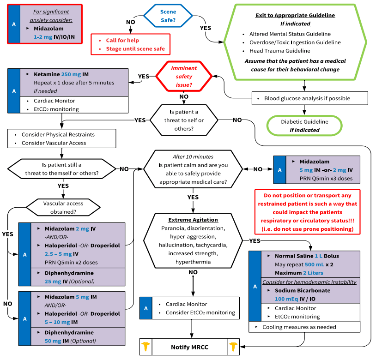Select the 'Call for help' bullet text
coord(122,40)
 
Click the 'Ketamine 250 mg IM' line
coord(61,74)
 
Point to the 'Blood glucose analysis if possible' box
coord(310,98)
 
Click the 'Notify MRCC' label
coord(189,347)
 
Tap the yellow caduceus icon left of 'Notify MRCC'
coord(146,347)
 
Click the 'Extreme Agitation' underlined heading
coord(193,220)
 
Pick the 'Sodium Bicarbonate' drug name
coord(303,290)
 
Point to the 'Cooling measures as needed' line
coord(299,327)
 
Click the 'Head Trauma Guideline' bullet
coord(279,51)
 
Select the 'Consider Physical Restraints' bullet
coord(58,134)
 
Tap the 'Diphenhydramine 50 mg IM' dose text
coord(70,341)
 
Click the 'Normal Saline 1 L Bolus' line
coord(307,256)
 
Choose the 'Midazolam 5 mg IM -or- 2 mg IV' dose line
coord(326,170)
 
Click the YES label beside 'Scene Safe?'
coord(206,28)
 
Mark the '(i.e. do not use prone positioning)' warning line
coord(307,229)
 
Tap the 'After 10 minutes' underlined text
coord(193,157)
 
